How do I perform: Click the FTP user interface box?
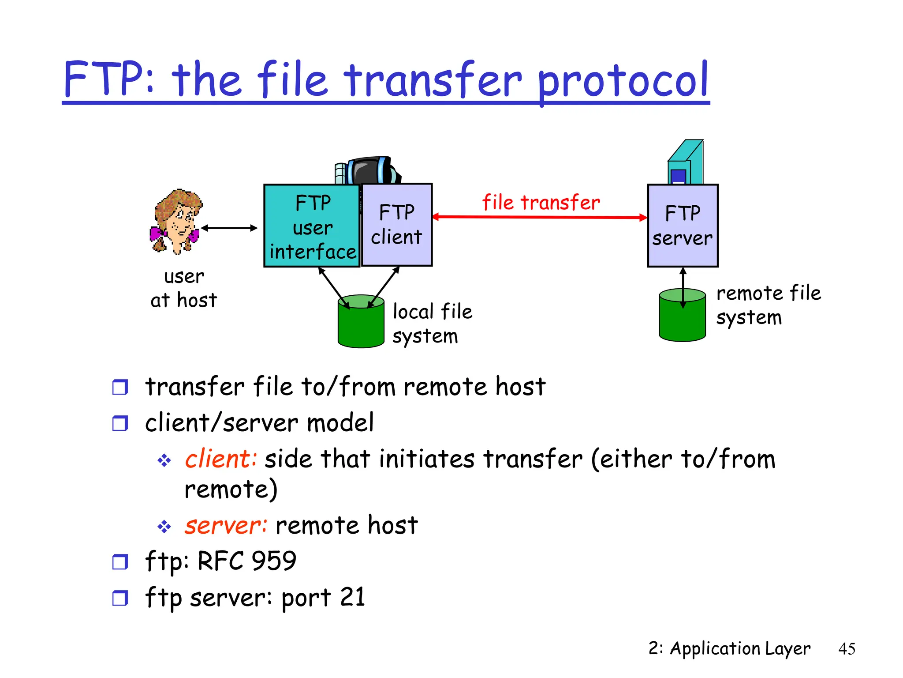[x=312, y=226]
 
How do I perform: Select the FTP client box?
[x=396, y=225]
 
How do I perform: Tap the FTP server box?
[x=683, y=226]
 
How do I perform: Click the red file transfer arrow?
[x=540, y=217]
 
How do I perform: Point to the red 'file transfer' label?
[x=541, y=202]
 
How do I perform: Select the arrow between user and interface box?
[x=229, y=228]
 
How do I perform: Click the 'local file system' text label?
[x=432, y=324]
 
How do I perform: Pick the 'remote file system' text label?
[x=768, y=305]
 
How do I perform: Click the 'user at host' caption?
[x=184, y=288]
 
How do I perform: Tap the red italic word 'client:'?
[x=220, y=459]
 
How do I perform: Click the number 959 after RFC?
[x=274, y=561]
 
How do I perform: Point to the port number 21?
[x=352, y=597]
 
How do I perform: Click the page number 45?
[x=847, y=648]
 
